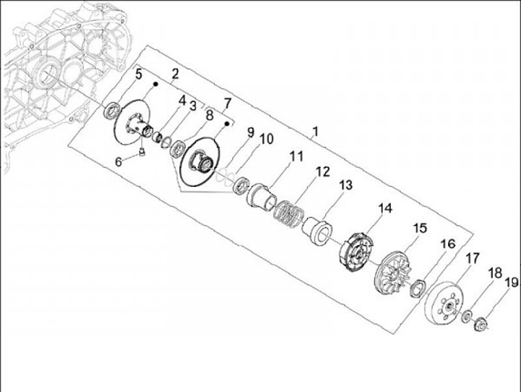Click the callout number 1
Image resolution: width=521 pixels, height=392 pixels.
tap(315, 131)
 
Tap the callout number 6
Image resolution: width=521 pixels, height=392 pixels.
tap(119, 162)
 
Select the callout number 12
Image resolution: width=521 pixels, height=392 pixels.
tap(322, 172)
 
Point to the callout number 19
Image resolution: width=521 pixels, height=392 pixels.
tap(512, 283)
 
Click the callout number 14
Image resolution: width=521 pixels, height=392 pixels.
tap(386, 209)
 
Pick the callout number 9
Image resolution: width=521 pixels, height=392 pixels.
tap(250, 132)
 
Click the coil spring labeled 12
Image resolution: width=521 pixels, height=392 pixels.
tap(289, 213)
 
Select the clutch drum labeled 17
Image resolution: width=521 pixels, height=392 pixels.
tap(444, 303)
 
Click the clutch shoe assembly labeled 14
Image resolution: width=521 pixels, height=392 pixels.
tap(356, 252)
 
